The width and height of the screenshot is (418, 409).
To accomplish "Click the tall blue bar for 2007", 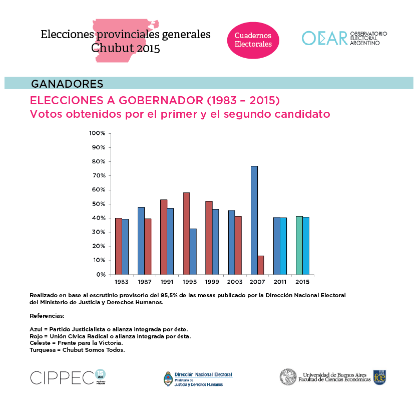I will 254,220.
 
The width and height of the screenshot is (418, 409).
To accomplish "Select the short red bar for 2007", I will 261,265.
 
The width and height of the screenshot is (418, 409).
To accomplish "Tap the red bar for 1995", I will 186,234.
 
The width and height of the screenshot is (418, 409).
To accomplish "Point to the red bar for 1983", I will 119,246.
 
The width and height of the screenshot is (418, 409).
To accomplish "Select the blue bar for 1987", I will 141,241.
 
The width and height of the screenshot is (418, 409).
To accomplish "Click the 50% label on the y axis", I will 97,204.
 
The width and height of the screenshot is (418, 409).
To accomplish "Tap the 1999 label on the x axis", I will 212,282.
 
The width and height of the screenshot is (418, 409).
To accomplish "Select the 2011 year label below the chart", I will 280,282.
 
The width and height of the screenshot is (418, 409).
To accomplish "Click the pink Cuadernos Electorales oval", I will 253,40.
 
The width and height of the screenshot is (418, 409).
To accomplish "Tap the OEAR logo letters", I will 324,38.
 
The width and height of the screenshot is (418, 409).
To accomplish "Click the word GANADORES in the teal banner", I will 67,83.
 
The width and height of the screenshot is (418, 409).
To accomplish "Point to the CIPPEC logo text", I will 62,377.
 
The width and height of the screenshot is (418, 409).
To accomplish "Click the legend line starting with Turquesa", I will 77,350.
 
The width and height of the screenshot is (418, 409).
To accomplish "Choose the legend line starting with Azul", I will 109,329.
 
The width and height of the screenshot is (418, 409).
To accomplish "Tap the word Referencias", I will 47,316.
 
